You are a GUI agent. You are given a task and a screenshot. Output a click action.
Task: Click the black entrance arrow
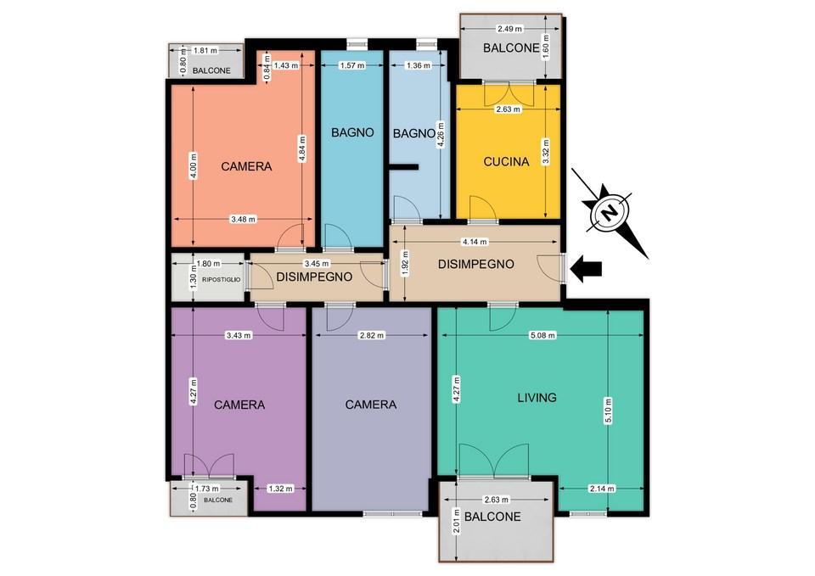click(x=586, y=269)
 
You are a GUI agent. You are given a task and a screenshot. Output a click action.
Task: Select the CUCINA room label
click(x=506, y=161)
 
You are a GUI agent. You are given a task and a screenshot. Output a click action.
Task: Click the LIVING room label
click(x=537, y=397)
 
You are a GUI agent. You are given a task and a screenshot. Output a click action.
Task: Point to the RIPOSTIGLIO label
click(x=222, y=279)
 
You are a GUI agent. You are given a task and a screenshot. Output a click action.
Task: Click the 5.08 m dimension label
click(x=542, y=336)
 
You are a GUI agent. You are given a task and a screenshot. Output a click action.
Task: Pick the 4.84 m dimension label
click(x=302, y=149)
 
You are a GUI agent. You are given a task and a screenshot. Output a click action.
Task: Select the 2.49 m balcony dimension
click(x=509, y=29)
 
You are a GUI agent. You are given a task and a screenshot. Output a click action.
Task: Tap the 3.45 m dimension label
click(x=317, y=264)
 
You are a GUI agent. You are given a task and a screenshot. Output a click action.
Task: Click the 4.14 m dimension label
click(x=475, y=242)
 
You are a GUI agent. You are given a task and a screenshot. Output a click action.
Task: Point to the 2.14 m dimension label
click(x=602, y=489)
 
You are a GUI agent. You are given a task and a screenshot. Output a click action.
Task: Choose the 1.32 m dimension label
click(x=280, y=489)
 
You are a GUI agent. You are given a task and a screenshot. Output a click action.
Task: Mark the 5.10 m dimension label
click(x=608, y=411)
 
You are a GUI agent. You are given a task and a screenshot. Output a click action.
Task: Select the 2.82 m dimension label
click(x=372, y=336)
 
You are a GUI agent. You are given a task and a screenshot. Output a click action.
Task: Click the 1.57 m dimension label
click(x=351, y=65)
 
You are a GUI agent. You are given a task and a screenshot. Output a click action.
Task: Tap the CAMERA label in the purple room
click(x=239, y=405)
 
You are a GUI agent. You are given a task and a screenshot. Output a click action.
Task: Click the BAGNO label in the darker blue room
click(x=352, y=132)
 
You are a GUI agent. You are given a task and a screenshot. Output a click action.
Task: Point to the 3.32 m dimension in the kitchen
click(x=545, y=152)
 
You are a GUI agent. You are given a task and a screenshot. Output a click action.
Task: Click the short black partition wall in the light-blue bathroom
click(x=404, y=167)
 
